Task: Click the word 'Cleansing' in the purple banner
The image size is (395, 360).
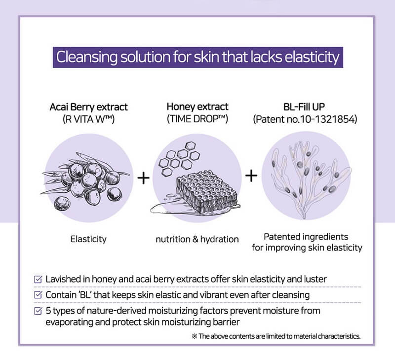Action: [x=87, y=57]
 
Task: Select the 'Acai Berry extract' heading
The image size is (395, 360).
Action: [x=89, y=107]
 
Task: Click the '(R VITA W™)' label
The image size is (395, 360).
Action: [x=89, y=119]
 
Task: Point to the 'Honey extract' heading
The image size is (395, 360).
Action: [x=197, y=107]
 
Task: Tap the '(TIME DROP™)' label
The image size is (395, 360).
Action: [x=197, y=119]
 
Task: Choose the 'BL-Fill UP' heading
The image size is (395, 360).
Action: [x=304, y=107]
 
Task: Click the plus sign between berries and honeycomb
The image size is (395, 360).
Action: [x=144, y=179]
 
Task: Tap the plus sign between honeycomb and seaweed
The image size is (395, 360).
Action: [x=251, y=176]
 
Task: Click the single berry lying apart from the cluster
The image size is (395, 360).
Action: [x=61, y=203]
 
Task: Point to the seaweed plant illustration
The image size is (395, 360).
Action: [x=310, y=179]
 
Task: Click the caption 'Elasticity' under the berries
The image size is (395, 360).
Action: [x=88, y=239]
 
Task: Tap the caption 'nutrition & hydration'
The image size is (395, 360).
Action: [x=197, y=239]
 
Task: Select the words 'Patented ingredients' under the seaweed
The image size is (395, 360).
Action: [x=306, y=237]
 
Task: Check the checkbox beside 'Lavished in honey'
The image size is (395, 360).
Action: [x=38, y=279]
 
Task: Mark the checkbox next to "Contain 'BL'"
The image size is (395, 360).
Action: [x=38, y=295]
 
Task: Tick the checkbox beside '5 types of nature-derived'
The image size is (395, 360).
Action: [x=38, y=311]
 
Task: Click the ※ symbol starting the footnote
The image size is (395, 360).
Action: [x=195, y=336]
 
